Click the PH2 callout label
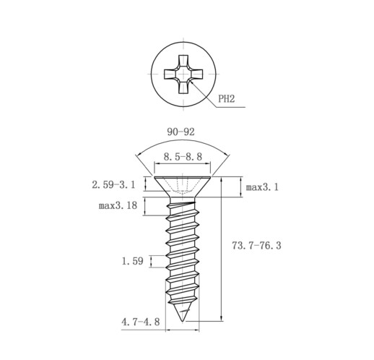point(226,99)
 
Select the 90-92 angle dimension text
point(181,132)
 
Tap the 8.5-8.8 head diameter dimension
point(183,157)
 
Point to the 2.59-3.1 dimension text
point(113,185)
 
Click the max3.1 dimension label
point(262,187)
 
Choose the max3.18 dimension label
point(118,205)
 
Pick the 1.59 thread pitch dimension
point(133,261)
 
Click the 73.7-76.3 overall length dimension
point(256,246)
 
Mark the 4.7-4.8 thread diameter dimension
point(141,322)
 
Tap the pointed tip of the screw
point(183,321)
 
